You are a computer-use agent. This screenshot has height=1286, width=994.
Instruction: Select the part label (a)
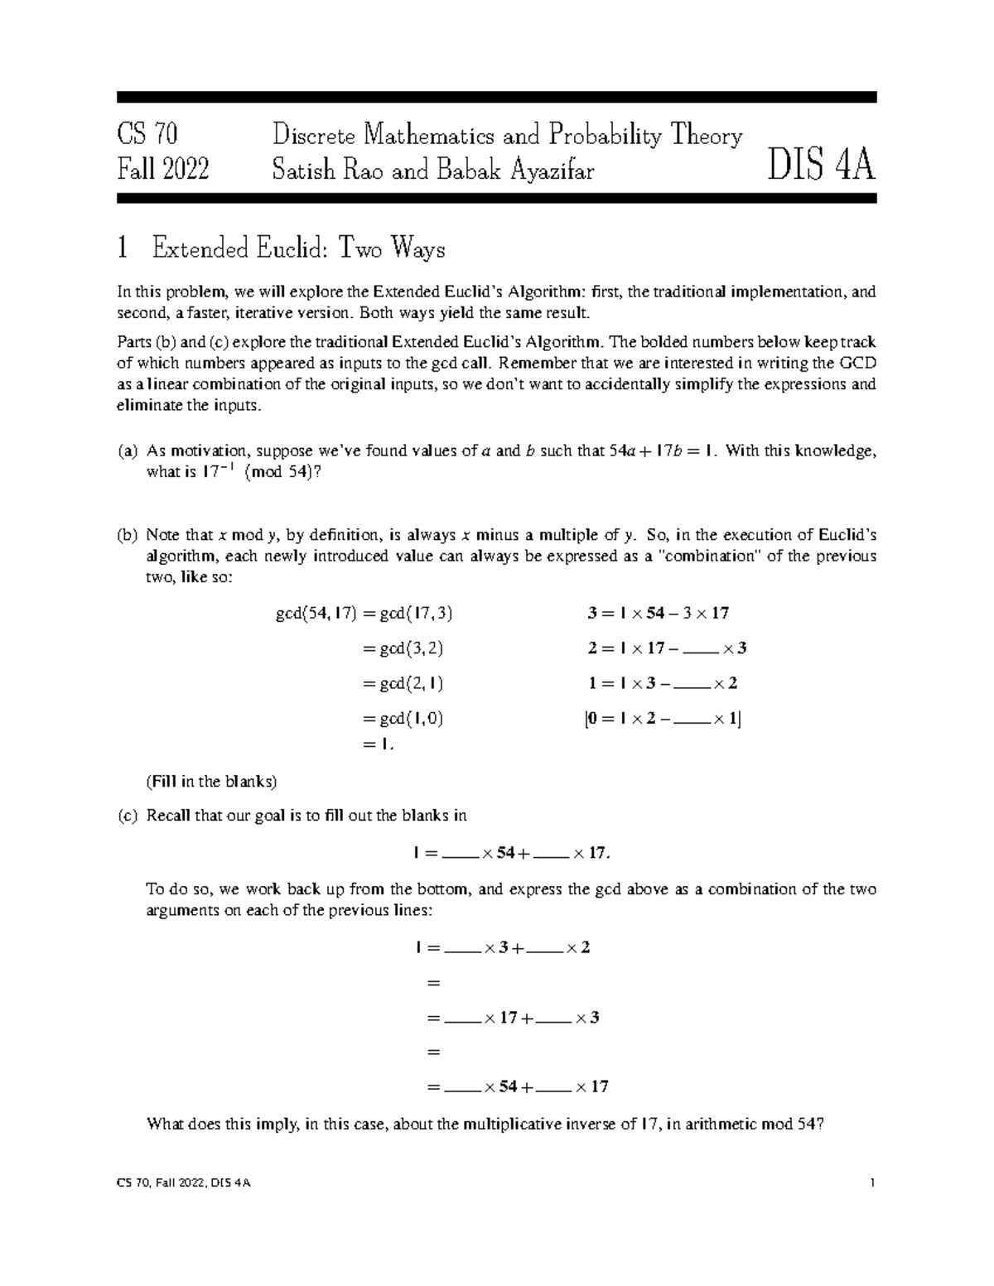tap(127, 451)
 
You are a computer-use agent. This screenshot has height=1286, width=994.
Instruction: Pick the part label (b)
tap(127, 535)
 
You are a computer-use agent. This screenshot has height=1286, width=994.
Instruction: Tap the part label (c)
tap(127, 816)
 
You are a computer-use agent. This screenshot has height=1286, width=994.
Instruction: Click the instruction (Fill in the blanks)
tap(211, 781)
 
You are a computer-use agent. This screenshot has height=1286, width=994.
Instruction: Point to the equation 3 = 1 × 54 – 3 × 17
tap(658, 614)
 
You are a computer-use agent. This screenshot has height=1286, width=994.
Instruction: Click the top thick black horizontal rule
tap(497, 97)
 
